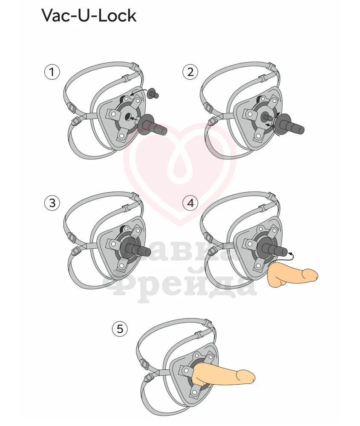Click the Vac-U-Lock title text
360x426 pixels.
[89, 15]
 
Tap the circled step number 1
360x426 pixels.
[52, 72]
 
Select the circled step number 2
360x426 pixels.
[190, 72]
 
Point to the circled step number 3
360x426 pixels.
[52, 203]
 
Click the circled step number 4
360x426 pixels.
[190, 203]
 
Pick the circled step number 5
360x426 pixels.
[120, 329]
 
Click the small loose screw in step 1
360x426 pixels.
[153, 94]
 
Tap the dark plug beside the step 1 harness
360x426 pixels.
[153, 126]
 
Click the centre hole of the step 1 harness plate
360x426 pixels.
[127, 117]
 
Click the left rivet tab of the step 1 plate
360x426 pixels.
[112, 114]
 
